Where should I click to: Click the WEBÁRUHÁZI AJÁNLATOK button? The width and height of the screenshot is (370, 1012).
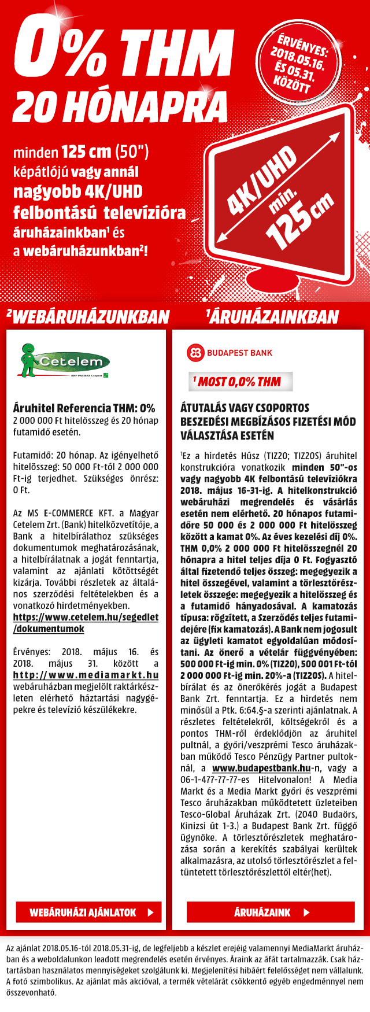pyautogui.click(x=88, y=912)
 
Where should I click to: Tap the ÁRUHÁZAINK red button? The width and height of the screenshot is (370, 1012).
pyautogui.click(x=270, y=912)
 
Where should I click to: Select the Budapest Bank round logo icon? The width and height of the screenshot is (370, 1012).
pyautogui.click(x=195, y=353)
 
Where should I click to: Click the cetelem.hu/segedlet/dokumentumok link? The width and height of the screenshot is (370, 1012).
pyautogui.click(x=86, y=623)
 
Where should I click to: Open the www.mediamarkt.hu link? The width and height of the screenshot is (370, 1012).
pyautogui.click(x=86, y=675)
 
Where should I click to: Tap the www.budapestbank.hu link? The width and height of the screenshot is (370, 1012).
pyautogui.click(x=261, y=768)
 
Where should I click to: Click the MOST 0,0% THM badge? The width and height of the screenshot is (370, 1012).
pyautogui.click(x=240, y=382)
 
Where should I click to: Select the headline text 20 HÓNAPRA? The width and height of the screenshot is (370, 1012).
pyautogui.click(x=120, y=108)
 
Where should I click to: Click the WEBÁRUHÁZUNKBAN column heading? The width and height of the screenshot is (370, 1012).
pyautogui.click(x=88, y=316)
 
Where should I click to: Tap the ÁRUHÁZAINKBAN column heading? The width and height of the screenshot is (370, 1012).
pyautogui.click(x=272, y=316)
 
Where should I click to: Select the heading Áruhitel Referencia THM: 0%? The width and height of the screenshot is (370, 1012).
pyautogui.click(x=84, y=408)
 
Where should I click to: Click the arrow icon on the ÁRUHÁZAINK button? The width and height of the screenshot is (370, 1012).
pyautogui.click(x=306, y=912)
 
